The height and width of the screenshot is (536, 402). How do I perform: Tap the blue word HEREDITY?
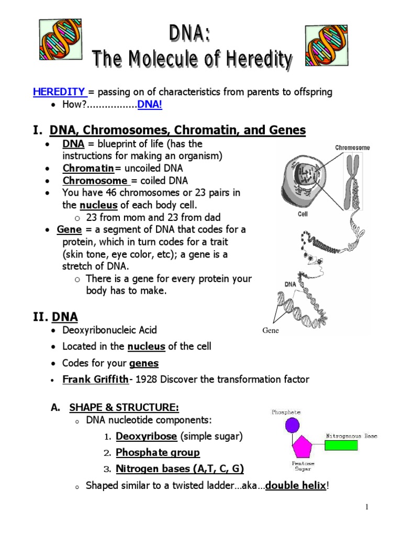(x=59, y=92)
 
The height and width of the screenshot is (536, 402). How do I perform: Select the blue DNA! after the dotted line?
(x=150, y=105)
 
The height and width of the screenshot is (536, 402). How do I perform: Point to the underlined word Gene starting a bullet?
(x=69, y=230)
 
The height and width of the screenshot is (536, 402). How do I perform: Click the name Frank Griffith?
(x=95, y=379)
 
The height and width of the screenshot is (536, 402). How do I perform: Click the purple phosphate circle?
(x=293, y=424)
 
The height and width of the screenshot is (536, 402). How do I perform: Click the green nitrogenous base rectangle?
(x=341, y=445)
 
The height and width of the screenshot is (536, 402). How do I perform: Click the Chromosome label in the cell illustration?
(x=352, y=148)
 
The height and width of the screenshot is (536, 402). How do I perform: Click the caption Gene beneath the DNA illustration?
(x=271, y=331)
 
